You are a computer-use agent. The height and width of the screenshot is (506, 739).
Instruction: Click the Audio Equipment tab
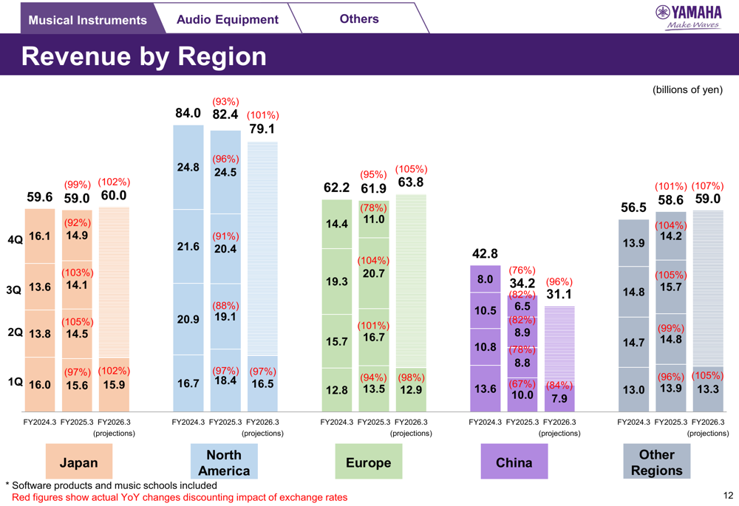[228, 20]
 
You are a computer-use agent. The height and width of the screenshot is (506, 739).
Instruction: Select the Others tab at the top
[359, 18]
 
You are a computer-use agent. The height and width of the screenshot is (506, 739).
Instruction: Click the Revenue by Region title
[144, 56]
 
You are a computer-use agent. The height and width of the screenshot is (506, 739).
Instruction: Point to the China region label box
[514, 462]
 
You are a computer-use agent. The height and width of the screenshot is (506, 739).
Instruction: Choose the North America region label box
[224, 462]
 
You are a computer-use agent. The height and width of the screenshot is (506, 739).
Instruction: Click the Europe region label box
[368, 462]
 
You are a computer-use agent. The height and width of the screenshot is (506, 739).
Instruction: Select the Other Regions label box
[657, 462]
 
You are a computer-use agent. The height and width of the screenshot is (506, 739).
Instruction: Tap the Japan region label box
[78, 462]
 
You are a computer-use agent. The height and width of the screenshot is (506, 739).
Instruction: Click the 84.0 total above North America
[188, 113]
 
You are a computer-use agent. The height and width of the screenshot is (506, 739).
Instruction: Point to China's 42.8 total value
[485, 254]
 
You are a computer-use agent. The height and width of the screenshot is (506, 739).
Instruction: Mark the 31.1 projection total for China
[559, 295]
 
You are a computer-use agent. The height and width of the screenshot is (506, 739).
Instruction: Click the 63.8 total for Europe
[411, 182]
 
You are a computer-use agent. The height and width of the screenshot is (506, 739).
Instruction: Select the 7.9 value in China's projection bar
[559, 399]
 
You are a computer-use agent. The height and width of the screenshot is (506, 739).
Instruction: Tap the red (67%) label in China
[522, 384]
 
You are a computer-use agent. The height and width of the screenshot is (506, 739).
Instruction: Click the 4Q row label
[15, 239]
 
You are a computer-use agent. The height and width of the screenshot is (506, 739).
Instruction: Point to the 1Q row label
[15, 382]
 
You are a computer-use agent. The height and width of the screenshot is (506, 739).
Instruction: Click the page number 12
[728, 496]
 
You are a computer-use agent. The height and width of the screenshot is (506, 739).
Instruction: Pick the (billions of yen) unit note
[687, 90]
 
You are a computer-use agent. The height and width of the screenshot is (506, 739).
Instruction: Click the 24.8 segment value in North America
[188, 168]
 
